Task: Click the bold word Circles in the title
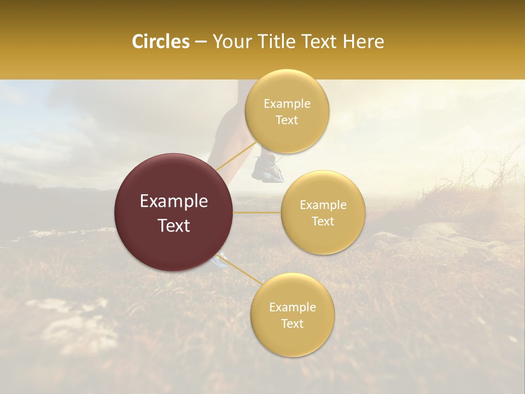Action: pyautogui.click(x=160, y=42)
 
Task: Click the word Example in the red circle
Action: pyautogui.click(x=174, y=201)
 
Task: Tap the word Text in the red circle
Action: pyautogui.click(x=174, y=225)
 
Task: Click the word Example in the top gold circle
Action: pyautogui.click(x=287, y=104)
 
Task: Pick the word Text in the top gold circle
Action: pyautogui.click(x=287, y=120)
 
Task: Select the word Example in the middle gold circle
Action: pyautogui.click(x=323, y=205)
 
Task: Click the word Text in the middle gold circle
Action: pyautogui.click(x=323, y=222)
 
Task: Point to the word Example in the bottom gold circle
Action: pyautogui.click(x=292, y=308)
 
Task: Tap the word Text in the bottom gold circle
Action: pyautogui.click(x=292, y=324)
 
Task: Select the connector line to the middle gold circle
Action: pyautogui.click(x=257, y=212)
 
